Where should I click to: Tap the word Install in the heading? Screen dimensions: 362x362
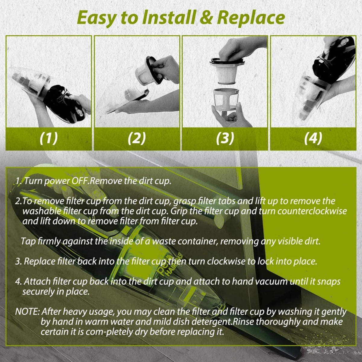tap(168, 17)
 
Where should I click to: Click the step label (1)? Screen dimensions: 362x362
tap(49, 138)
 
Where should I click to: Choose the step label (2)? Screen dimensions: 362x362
tap(137, 138)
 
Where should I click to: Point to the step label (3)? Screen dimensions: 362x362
tap(225, 138)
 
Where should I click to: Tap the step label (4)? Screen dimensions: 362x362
tap(313, 138)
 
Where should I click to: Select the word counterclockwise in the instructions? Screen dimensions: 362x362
tap(312, 211)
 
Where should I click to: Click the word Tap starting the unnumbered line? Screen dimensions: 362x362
tap(28, 241)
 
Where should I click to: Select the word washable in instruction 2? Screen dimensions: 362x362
tap(41, 211)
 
